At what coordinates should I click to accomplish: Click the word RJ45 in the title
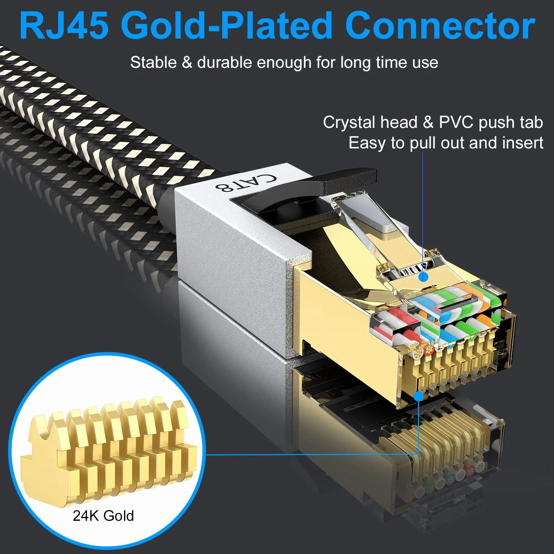[64, 26]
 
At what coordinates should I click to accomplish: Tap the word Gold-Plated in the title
[226, 26]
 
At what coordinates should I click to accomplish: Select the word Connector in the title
[440, 26]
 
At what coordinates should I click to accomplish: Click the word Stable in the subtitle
[153, 63]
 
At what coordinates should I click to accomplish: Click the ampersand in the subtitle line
[187, 63]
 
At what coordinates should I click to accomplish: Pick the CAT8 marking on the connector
[246, 182]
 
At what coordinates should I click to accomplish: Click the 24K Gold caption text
[103, 516]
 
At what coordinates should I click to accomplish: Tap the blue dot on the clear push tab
[423, 277]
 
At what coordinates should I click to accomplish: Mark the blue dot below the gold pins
[418, 396]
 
